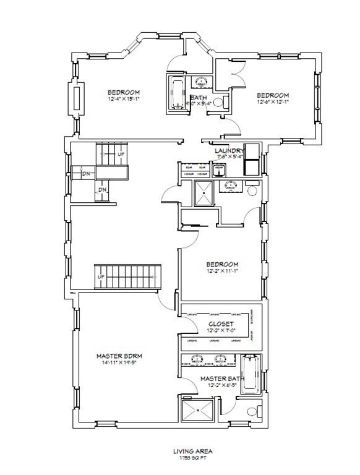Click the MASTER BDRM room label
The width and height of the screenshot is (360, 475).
[x=119, y=356]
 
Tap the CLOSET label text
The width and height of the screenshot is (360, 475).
[x=221, y=323]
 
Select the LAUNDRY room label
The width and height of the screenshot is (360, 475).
[x=228, y=150]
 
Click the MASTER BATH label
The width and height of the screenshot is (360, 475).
[x=221, y=378]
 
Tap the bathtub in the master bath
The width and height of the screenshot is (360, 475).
[x=251, y=374]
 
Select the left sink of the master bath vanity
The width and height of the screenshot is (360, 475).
[x=198, y=359]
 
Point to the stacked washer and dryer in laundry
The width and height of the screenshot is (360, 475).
[x=252, y=159]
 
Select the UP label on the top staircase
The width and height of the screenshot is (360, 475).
[x=121, y=153]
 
